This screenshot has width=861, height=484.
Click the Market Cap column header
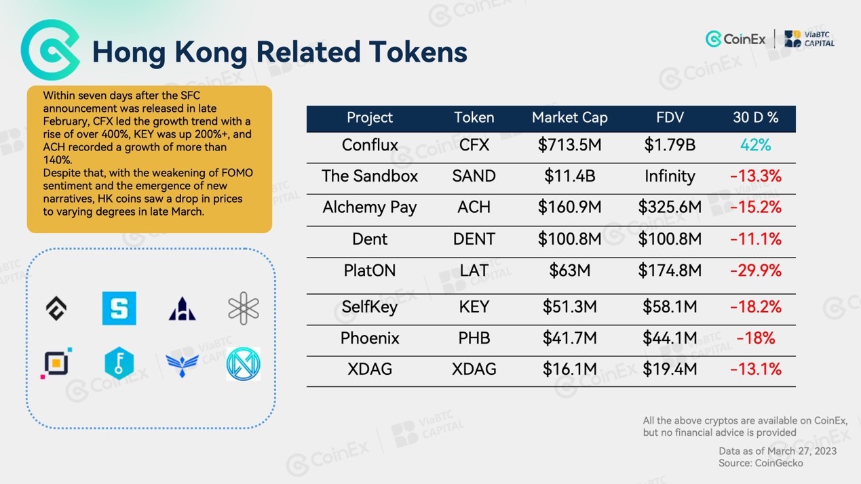(570, 117)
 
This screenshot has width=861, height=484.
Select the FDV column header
(670, 117)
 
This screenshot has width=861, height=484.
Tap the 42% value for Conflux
(755, 145)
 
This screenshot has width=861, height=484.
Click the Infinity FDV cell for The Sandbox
(670, 176)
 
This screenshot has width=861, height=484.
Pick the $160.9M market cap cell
(570, 207)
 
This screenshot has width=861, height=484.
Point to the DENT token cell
(474, 239)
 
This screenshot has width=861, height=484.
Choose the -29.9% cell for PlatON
(756, 270)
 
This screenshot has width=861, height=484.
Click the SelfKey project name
(370, 307)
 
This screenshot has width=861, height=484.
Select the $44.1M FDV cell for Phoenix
(670, 338)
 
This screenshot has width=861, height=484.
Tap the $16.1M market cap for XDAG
(570, 369)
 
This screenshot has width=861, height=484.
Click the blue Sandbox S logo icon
(119, 308)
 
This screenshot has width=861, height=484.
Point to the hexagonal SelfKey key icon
(119, 363)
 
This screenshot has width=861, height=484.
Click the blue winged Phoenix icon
(182, 365)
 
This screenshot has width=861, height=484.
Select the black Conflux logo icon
(56, 308)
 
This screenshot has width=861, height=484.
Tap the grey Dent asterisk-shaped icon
(244, 308)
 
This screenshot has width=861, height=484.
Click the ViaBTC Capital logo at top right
(809, 39)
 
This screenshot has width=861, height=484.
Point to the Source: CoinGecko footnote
(761, 463)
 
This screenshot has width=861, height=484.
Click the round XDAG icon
(244, 364)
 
